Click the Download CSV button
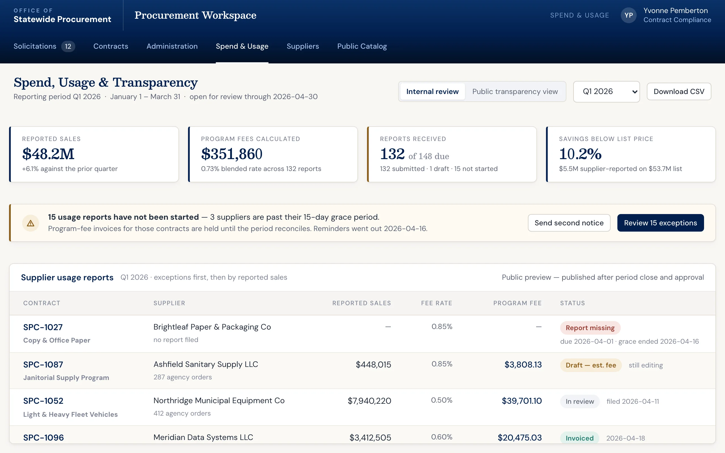[679, 91]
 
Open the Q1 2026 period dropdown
[606, 91]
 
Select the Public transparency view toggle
[515, 91]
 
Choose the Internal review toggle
[432, 91]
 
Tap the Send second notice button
[569, 223]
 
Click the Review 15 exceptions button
[660, 223]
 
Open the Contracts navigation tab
[111, 46]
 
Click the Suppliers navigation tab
[302, 46]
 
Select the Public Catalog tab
[362, 46]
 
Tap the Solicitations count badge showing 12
[68, 46]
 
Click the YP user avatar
[628, 15]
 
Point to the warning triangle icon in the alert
[31, 223]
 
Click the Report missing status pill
[590, 328]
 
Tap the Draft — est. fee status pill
[591, 365]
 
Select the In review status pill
[580, 401]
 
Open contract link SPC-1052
[43, 401]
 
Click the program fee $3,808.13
[523, 365]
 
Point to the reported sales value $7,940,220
[369, 401]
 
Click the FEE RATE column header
[436, 303]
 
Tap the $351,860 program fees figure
[232, 154]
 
